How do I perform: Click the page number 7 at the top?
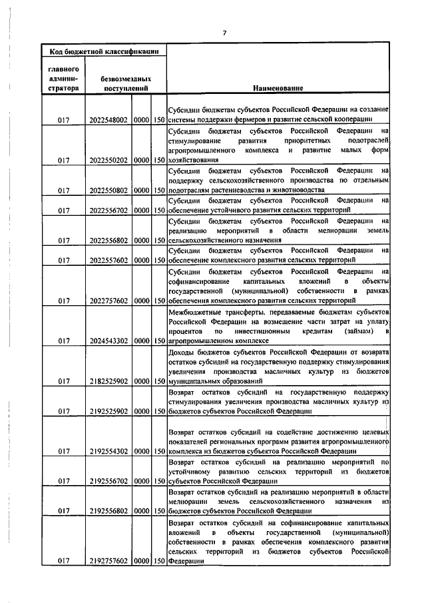click(x=225, y=33)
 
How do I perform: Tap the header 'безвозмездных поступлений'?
click(x=125, y=83)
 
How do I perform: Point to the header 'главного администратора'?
click(x=65, y=78)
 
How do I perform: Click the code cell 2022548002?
click(x=108, y=121)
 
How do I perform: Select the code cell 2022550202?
click(x=108, y=161)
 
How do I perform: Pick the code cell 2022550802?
click(x=108, y=190)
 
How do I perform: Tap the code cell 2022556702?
click(x=108, y=211)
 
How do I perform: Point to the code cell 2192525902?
click(x=108, y=410)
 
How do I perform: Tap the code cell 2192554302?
click(x=108, y=451)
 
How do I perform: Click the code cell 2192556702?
click(x=108, y=480)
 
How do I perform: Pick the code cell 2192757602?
click(x=108, y=560)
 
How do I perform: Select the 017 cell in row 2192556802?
click(x=65, y=511)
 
